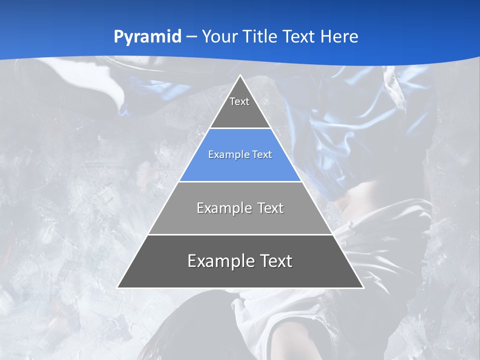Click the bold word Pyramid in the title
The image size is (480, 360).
pos(147,37)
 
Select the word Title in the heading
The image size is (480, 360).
pos(260,36)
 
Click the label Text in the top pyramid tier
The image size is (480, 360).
pos(239,101)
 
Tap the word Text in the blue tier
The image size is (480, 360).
pos(262,155)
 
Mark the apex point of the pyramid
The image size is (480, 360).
pos(240,75)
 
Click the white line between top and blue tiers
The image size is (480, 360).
pos(240,128)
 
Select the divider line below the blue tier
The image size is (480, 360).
pos(240,181)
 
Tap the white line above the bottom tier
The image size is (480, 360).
pos(240,234)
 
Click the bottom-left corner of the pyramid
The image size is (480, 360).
pos(117,288)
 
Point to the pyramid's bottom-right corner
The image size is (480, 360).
pos(363,288)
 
